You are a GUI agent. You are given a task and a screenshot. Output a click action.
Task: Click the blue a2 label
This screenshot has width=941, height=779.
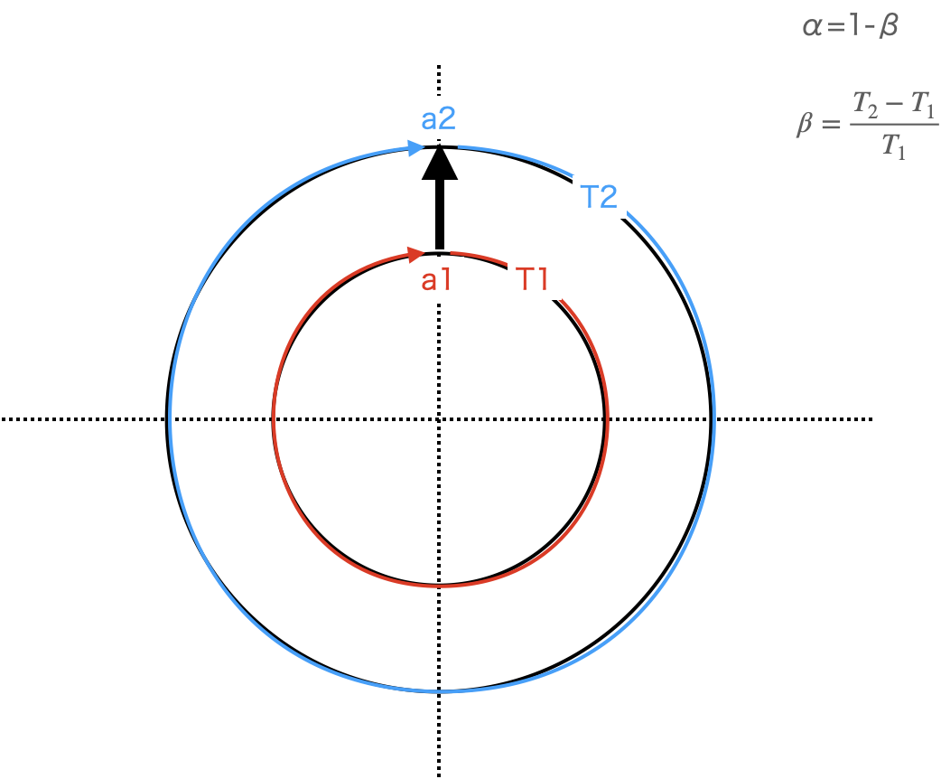click(438, 118)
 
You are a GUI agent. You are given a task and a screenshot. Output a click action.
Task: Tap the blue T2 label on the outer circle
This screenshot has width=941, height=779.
click(600, 196)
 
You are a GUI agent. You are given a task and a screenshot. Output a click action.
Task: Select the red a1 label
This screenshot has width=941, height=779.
click(438, 280)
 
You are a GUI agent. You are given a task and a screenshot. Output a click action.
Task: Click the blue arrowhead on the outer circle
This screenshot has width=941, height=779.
click(416, 148)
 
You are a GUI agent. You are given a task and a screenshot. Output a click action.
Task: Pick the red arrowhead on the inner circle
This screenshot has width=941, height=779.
click(416, 254)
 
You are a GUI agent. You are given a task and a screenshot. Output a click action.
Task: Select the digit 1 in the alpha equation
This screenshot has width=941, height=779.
click(852, 26)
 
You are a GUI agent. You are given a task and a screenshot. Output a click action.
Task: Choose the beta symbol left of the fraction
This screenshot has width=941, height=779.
click(804, 124)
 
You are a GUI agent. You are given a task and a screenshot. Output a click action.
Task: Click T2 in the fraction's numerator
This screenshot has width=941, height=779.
click(866, 104)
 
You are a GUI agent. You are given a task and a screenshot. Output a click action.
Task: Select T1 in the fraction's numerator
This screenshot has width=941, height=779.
click(922, 104)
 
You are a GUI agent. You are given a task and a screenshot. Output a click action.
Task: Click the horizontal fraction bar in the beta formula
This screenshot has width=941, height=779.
click(893, 125)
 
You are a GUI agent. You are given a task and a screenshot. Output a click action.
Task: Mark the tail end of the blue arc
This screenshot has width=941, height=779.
click(459, 145)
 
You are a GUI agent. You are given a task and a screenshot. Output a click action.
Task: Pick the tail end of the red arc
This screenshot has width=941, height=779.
click(451, 252)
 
